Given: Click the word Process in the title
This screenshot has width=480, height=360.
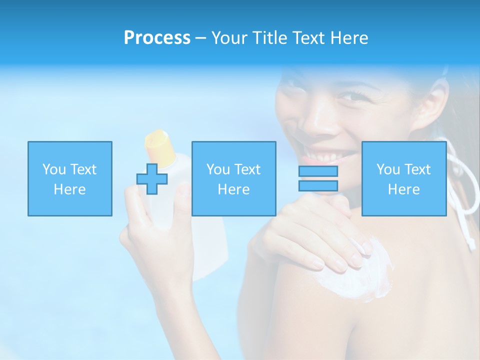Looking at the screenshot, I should [157, 38].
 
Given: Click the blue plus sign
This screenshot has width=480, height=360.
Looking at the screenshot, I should [152, 178].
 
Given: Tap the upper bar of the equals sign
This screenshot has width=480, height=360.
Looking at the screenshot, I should [318, 171].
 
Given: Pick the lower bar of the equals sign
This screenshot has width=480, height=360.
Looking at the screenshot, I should [318, 185].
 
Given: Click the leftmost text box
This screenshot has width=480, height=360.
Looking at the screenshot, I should [70, 178].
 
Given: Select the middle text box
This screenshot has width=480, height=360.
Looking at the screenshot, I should [233, 178].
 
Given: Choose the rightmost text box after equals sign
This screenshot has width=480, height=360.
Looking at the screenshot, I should [403, 178].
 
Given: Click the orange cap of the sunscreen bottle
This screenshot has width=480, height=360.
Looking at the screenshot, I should [158, 142].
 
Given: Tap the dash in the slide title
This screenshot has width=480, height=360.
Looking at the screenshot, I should [200, 38].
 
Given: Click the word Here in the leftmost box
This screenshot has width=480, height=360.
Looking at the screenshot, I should [70, 189].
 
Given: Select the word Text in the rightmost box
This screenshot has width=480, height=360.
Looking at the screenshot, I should [418, 169].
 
